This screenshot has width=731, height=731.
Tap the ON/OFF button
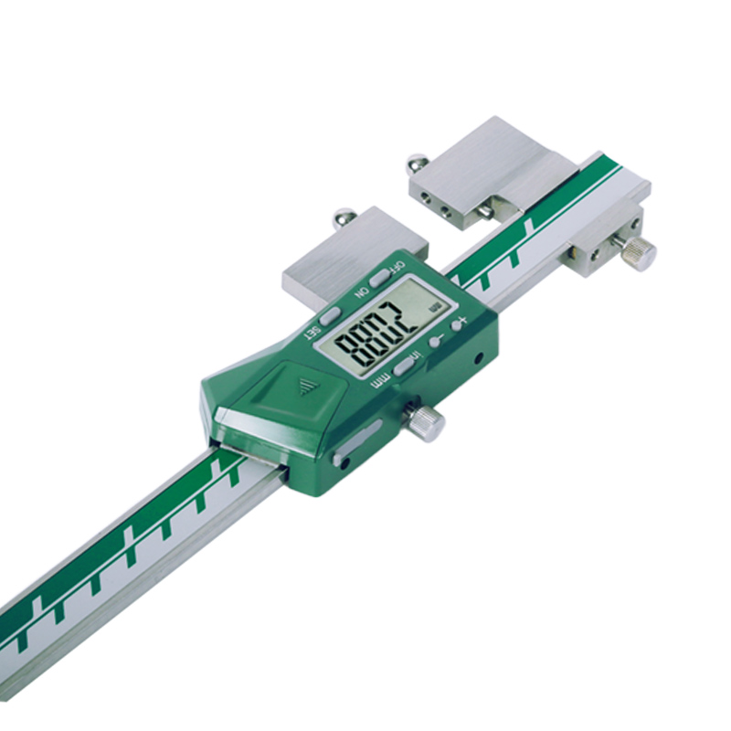pos(376,278)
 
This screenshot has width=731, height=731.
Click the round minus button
pos(436,341)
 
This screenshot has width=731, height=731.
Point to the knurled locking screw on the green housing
pos(426,422)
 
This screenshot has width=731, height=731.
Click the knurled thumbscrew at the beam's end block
pos(637,251)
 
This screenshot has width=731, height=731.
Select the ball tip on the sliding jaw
pos(344,218)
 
